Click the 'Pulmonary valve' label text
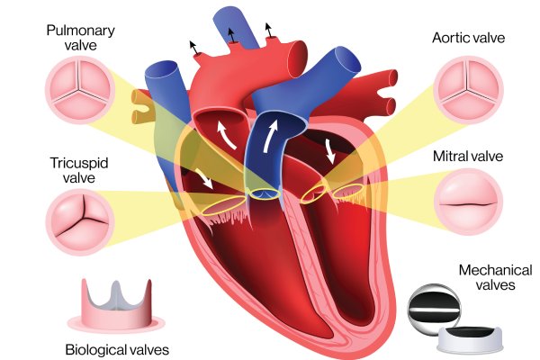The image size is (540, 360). [x=81, y=38]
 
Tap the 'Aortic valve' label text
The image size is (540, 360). [x=468, y=38]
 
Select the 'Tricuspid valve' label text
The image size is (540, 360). [x=79, y=170]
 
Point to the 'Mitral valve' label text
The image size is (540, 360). [x=468, y=157]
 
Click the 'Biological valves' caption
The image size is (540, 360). [x=117, y=350]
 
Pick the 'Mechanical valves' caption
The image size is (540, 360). [x=496, y=277]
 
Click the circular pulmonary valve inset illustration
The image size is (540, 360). [x=80, y=90]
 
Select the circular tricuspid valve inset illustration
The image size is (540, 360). [x=81, y=222]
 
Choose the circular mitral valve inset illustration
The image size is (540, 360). [x=468, y=202]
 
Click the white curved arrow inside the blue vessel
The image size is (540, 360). [x=270, y=136]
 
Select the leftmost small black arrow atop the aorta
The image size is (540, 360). [x=193, y=48]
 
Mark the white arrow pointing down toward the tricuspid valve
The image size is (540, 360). [x=204, y=178]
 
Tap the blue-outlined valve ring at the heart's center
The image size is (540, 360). [x=264, y=194]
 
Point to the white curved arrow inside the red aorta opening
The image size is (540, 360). [x=226, y=137]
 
